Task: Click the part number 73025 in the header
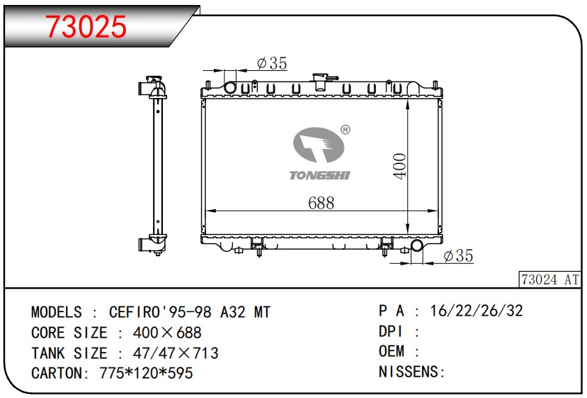coord(86,26)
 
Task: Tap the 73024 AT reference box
coord(549,280)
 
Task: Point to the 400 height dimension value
coord(399,166)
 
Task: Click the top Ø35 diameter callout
coord(271,64)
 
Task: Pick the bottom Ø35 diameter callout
coord(457,256)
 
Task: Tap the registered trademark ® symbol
coord(345,130)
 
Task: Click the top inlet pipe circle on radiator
coord(229,87)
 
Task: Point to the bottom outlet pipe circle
coord(417,246)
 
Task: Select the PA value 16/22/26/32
coord(478,311)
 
